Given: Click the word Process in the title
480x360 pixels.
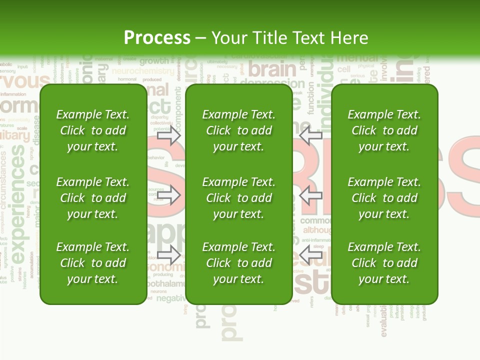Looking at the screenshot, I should [x=157, y=38].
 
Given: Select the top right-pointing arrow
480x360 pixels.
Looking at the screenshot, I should [x=169, y=135].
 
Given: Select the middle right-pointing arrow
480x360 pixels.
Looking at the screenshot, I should [x=169, y=195].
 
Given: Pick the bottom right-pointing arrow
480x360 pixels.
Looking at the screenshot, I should [x=169, y=254].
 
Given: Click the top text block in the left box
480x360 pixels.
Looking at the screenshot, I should [x=93, y=130].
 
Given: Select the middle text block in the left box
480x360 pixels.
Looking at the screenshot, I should [x=93, y=198].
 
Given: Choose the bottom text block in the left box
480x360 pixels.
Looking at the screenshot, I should [x=93, y=263].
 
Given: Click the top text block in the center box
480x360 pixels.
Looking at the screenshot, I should [x=239, y=130].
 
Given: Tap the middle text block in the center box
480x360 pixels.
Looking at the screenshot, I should [x=239, y=198].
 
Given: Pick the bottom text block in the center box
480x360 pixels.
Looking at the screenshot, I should [x=239, y=263].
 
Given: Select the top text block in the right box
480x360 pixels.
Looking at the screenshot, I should [x=384, y=130].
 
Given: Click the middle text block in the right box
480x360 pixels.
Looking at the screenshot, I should [x=384, y=198].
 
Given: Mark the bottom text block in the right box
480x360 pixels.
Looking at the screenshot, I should [x=384, y=263].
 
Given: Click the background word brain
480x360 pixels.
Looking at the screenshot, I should [x=272, y=69].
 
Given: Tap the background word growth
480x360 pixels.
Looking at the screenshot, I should [x=154, y=61].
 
